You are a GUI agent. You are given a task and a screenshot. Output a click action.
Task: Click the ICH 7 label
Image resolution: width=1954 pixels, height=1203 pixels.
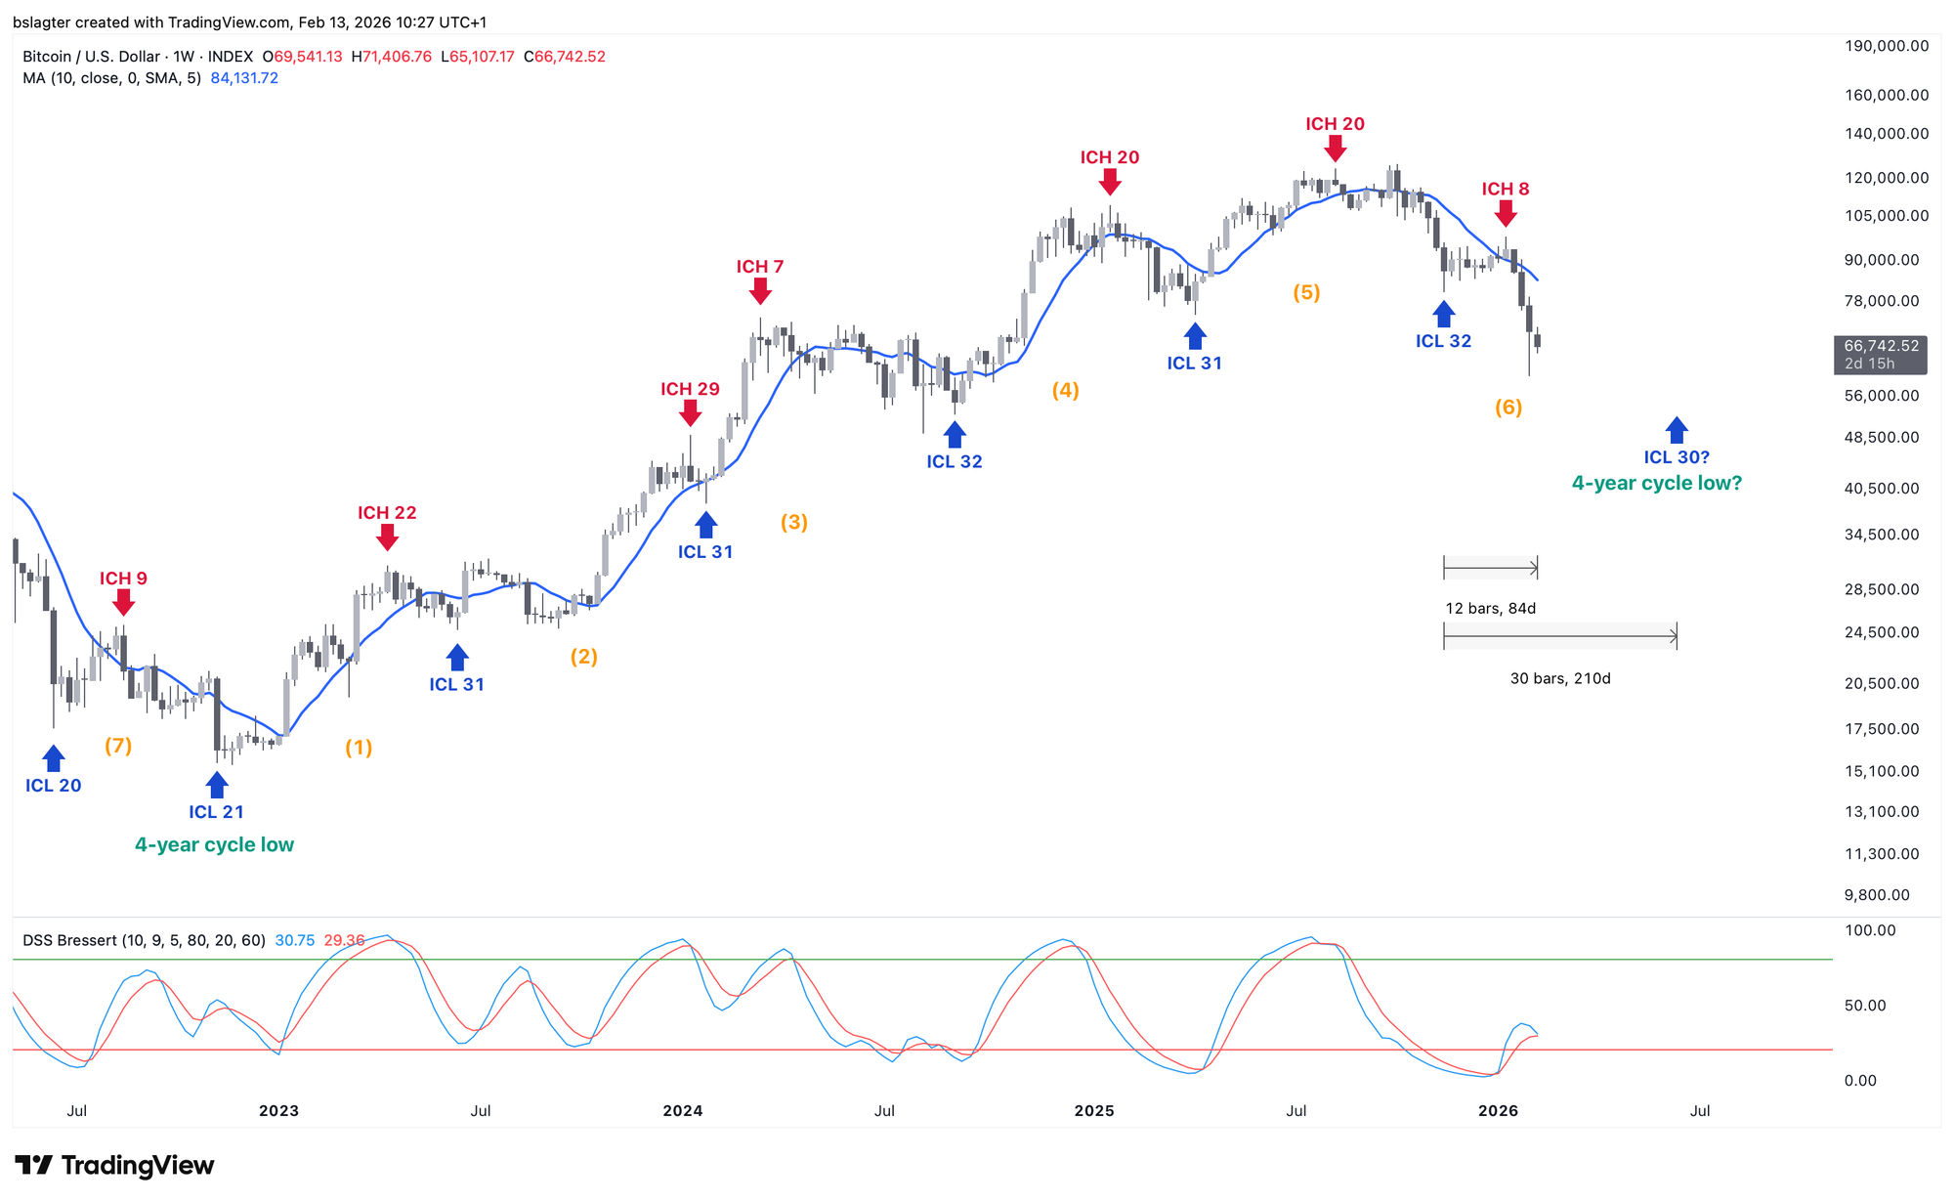tap(760, 267)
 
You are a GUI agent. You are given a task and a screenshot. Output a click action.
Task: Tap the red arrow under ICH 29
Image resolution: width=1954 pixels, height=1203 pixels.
tap(690, 413)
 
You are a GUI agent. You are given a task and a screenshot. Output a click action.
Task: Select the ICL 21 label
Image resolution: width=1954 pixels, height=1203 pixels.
tap(216, 812)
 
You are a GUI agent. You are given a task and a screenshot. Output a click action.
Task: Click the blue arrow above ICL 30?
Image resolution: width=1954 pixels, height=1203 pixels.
tap(1677, 430)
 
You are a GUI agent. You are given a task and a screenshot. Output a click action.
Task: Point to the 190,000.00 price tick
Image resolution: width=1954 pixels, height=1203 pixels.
tap(1886, 46)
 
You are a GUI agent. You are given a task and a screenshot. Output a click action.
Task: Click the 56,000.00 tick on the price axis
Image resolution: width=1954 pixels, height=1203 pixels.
tap(1882, 396)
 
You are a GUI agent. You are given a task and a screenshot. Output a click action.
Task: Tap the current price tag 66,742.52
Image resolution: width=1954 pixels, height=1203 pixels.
tap(1881, 346)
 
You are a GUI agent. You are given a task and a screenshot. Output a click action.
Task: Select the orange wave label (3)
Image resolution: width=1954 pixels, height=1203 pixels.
tap(793, 523)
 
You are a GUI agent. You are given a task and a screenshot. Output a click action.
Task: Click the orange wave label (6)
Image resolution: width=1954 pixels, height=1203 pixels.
tap(1508, 408)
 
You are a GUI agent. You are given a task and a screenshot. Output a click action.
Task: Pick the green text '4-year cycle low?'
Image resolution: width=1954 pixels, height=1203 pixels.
tap(1657, 484)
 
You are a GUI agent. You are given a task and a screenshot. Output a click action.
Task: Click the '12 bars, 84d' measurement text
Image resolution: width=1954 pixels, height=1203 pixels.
tap(1491, 609)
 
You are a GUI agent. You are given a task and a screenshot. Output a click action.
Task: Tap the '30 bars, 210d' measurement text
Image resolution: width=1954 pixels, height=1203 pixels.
tap(1560, 678)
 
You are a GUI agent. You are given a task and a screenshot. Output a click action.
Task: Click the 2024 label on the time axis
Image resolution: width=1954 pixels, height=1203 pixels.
tap(683, 1111)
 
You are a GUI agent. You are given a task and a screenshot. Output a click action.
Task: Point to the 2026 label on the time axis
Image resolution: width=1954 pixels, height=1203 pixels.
tap(1498, 1111)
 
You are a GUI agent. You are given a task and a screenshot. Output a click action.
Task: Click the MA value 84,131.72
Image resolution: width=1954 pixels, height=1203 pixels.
tap(244, 78)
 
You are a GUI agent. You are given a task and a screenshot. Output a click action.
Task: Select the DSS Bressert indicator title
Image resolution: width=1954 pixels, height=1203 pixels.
tap(144, 941)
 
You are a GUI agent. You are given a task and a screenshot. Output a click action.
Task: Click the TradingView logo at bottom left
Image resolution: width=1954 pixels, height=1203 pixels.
tap(115, 1166)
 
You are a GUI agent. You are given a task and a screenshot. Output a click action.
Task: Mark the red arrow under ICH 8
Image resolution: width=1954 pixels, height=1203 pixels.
tap(1506, 213)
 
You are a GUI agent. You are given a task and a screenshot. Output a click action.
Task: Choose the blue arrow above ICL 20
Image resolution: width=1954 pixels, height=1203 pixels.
tap(54, 758)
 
